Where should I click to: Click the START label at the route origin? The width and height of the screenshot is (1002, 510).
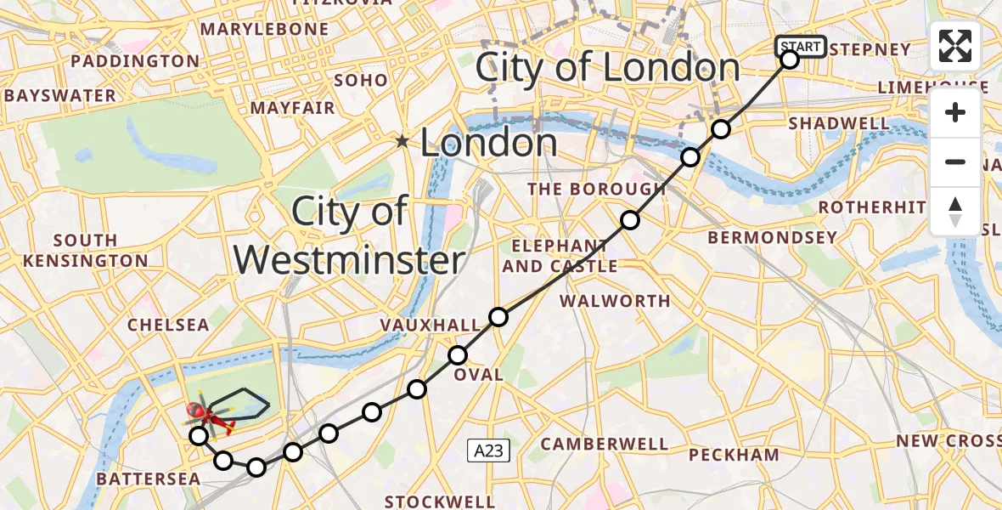point(800,46)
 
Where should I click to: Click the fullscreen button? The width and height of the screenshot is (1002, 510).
point(955,46)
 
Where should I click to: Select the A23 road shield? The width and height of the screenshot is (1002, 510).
point(488,451)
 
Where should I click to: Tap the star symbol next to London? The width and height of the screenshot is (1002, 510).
point(402,141)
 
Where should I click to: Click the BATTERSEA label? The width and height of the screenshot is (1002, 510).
point(148,479)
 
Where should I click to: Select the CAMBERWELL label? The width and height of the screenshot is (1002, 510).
point(604,444)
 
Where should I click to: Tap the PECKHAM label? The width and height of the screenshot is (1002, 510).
point(734,455)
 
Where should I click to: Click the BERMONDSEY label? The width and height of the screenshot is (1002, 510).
point(772,238)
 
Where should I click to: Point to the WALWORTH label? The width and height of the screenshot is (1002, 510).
point(615,301)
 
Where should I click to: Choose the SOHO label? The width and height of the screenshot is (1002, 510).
point(361,81)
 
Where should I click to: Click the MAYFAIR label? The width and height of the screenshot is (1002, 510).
point(293,109)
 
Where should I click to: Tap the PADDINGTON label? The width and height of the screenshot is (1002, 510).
point(135,61)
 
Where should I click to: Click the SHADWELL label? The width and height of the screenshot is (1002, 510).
point(839,124)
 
